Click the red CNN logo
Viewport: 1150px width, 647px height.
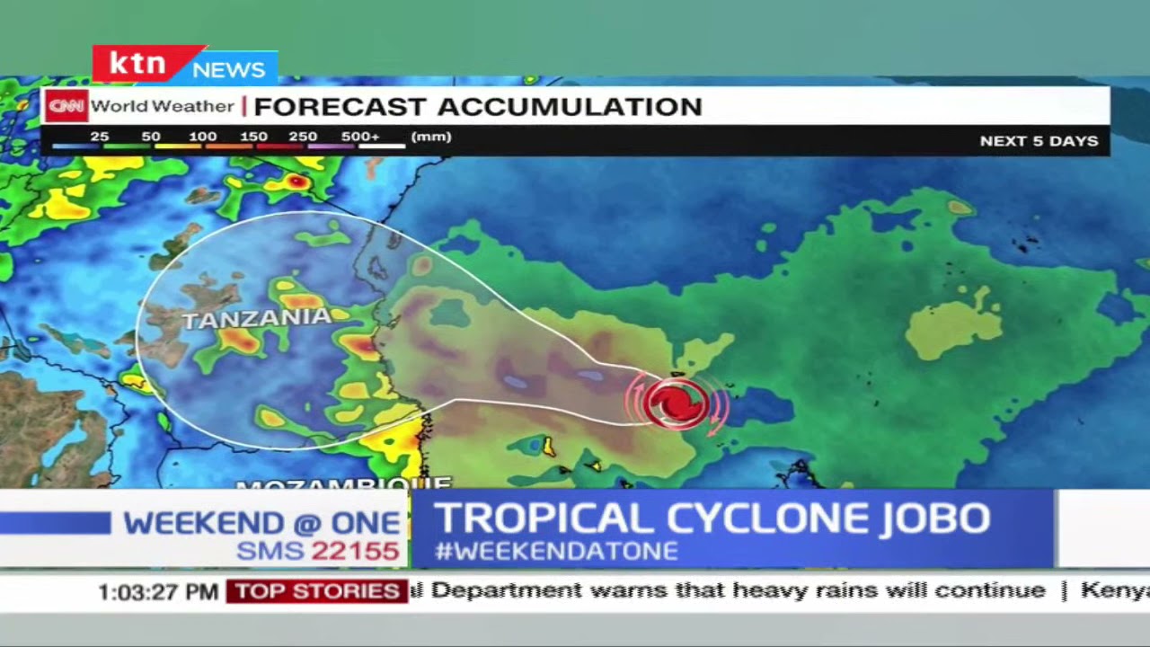point(66,106)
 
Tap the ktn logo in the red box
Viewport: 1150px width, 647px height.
point(137,65)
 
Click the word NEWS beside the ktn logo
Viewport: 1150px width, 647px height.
point(228,69)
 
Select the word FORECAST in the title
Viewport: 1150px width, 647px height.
point(340,107)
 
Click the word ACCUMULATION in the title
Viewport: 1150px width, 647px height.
point(570,107)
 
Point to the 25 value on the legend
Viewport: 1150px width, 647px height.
point(99,137)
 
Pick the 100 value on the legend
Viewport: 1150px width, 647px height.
point(202,137)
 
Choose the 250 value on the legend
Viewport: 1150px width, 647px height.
point(303,137)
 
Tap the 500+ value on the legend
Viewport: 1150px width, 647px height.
point(360,137)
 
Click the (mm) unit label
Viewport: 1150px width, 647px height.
point(431,137)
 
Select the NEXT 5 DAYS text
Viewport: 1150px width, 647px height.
point(1039,141)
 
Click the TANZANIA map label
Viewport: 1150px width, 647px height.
point(256,318)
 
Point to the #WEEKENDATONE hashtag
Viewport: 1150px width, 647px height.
point(556,551)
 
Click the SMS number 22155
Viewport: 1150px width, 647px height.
point(355,551)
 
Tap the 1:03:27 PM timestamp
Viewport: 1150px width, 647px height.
point(158,591)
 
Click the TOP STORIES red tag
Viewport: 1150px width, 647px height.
point(317,591)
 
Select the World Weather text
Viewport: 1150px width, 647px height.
point(162,106)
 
